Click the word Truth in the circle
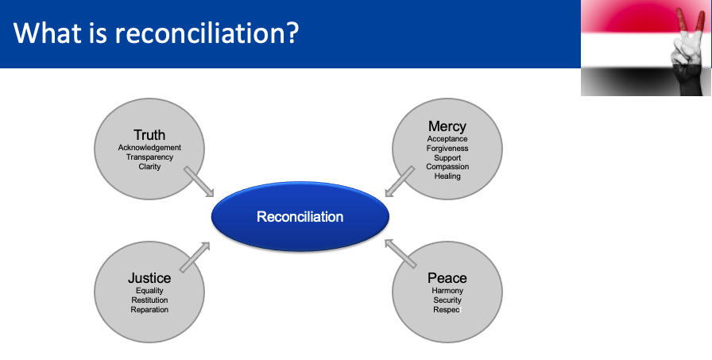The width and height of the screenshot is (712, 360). click(149, 135)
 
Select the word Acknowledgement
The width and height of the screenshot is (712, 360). click(149, 148)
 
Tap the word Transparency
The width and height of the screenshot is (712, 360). click(149, 157)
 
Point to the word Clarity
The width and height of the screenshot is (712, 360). click(149, 167)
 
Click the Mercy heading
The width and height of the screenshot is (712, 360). click(447, 126)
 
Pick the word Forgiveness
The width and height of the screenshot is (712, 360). click(447, 149)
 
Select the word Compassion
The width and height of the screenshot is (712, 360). click(447, 167)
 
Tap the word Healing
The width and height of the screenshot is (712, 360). click(447, 176)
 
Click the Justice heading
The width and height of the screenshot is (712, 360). click(149, 278)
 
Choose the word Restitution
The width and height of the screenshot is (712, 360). click(149, 300)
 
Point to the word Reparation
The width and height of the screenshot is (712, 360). click(149, 310)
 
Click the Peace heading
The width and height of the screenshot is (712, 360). click(447, 278)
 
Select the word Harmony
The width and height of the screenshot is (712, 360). click(447, 291)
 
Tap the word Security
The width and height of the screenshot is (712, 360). click(447, 300)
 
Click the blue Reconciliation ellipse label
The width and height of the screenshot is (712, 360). click(300, 216)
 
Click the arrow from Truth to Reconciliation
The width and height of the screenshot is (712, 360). click(199, 181)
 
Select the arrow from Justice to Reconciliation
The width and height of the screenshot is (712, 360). click(195, 257)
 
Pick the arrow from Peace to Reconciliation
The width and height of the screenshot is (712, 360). click(400, 254)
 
